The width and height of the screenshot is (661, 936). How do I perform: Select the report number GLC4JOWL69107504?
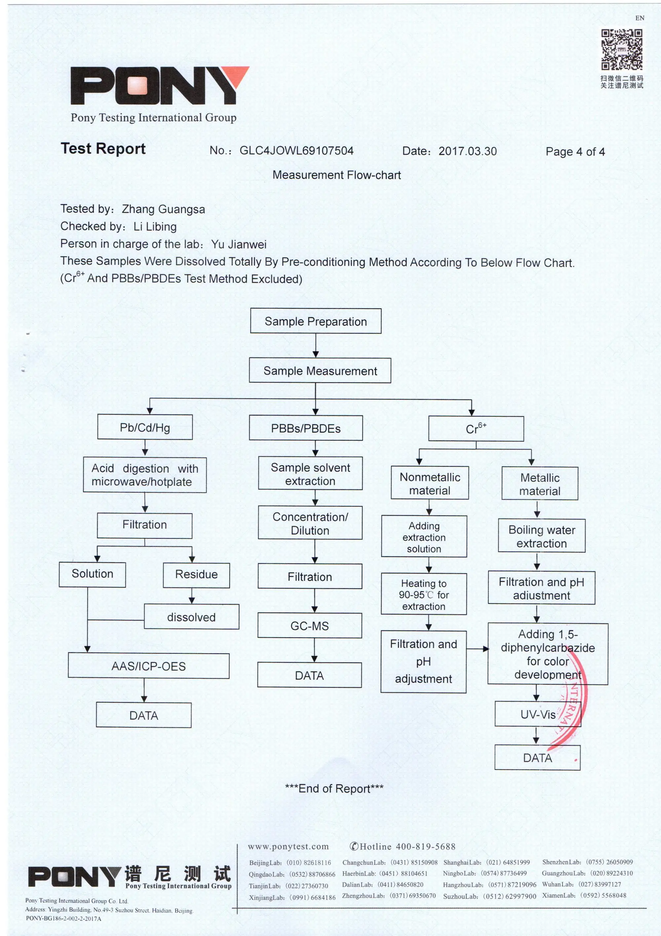(296, 151)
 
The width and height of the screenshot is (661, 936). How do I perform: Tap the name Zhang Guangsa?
(163, 209)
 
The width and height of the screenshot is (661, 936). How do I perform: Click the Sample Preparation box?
(316, 321)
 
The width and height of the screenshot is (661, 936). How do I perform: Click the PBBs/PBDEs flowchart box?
(305, 428)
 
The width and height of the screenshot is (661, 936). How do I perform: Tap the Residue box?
(196, 574)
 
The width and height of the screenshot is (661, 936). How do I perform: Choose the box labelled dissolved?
(191, 617)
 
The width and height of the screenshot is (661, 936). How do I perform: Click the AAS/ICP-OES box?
(148, 666)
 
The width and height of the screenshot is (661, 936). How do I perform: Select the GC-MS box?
(310, 626)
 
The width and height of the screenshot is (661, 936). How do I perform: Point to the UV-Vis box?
(538, 714)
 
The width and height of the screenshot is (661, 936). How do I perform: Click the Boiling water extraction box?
(541, 536)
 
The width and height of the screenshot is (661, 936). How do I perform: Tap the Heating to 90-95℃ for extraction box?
(424, 594)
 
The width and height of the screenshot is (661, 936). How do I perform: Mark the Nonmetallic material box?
(430, 483)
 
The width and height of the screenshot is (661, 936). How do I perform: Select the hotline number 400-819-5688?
(426, 847)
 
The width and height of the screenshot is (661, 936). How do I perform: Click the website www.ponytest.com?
(288, 847)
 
